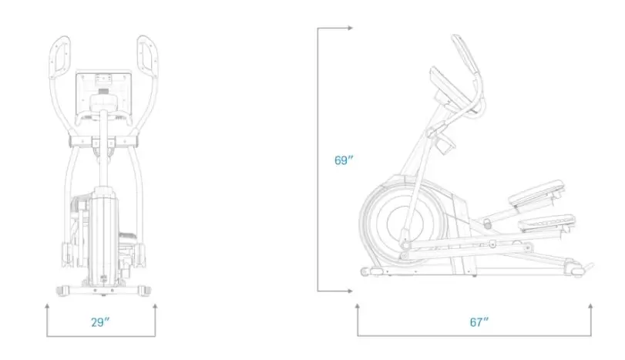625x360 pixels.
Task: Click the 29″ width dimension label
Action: (x=100, y=321)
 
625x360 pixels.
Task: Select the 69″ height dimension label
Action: (x=344, y=160)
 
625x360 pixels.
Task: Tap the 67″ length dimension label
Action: (x=479, y=321)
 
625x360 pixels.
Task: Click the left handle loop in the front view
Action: (x=60, y=56)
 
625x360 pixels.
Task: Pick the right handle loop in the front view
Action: (x=147, y=56)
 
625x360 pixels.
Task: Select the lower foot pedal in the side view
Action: (x=547, y=224)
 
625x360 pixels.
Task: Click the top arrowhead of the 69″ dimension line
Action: (x=350, y=28)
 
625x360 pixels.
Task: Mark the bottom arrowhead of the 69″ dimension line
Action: (x=350, y=291)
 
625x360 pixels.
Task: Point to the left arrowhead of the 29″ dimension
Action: (x=47, y=306)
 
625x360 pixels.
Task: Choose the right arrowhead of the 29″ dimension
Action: (x=155, y=306)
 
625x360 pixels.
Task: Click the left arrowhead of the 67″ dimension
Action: (x=358, y=306)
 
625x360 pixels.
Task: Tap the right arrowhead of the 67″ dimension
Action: (x=590, y=306)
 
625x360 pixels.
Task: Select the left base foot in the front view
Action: (x=64, y=291)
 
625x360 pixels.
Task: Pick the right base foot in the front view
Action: (x=144, y=291)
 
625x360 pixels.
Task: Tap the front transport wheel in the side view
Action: (x=365, y=272)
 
